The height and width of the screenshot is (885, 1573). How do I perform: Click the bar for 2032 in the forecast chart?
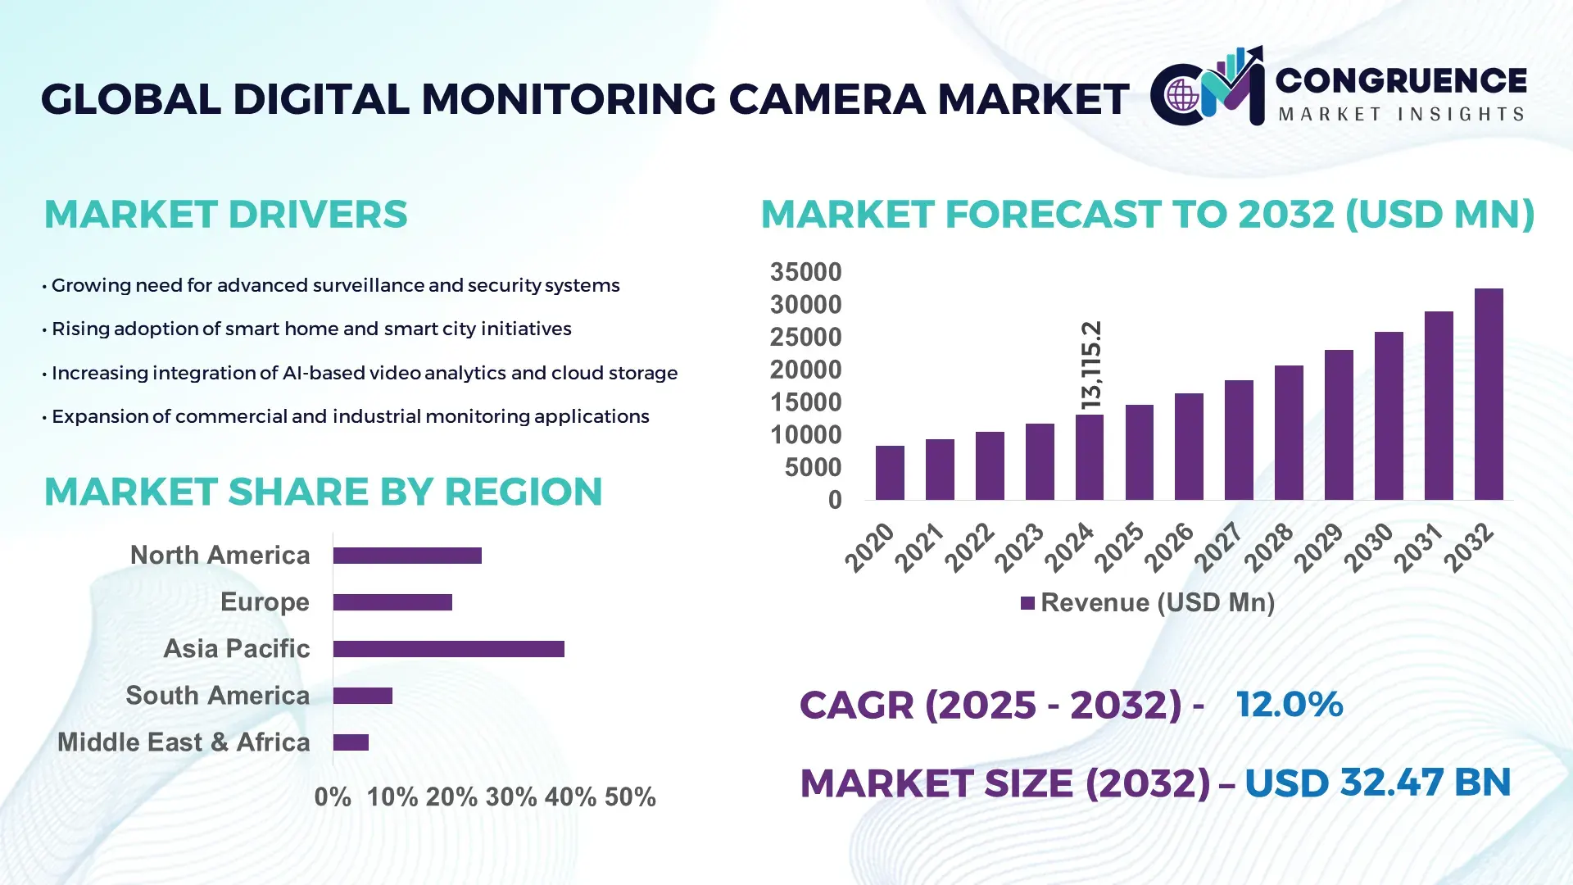(1489, 394)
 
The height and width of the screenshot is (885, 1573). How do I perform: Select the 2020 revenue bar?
(890, 473)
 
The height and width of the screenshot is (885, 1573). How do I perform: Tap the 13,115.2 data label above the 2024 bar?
(1091, 365)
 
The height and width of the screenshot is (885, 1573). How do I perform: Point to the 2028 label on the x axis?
(1269, 547)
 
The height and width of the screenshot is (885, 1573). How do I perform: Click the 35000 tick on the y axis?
(805, 272)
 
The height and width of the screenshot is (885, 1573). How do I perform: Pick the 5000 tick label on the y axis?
(813, 467)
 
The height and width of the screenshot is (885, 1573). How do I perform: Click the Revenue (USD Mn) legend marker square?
(1027, 603)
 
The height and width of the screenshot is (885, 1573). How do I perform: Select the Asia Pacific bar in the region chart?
(448, 649)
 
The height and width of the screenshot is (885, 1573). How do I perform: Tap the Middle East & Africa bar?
(351, 742)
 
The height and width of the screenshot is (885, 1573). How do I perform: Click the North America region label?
(220, 555)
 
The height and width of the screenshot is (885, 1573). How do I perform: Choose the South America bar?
(363, 696)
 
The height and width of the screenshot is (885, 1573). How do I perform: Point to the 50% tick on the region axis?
(630, 796)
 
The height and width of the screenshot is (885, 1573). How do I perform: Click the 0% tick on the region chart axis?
(333, 796)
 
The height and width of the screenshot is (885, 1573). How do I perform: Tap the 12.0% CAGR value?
(1289, 704)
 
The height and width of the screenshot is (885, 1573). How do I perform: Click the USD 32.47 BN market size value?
(1377, 783)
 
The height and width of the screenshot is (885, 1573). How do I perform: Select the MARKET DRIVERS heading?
(225, 215)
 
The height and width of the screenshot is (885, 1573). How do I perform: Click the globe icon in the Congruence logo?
(1182, 95)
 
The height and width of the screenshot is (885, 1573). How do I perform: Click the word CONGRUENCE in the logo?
(1401, 80)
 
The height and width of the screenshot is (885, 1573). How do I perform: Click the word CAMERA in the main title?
(827, 99)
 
